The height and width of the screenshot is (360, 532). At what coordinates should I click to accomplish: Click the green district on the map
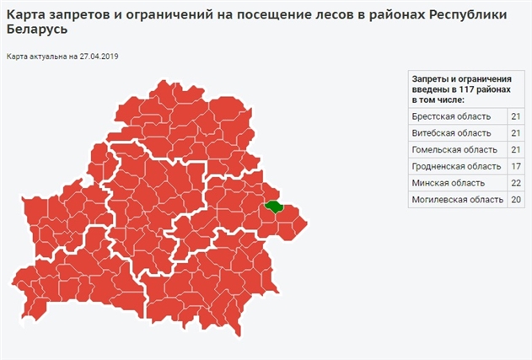tap(273, 205)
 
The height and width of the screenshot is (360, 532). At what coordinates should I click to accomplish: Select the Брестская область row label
tap(451, 116)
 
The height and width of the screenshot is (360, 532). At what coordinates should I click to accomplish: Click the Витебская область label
tap(451, 132)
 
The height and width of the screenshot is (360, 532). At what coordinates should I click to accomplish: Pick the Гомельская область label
tap(453, 149)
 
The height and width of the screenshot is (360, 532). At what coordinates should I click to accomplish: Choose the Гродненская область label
tap(456, 166)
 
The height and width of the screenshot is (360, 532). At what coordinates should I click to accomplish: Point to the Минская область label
tap(448, 183)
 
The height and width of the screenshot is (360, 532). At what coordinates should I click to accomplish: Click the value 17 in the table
tap(516, 166)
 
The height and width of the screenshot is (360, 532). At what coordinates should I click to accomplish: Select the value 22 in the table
tap(516, 183)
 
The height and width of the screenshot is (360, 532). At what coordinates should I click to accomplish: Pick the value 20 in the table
tap(516, 200)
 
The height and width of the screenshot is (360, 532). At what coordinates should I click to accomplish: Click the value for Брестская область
tap(516, 116)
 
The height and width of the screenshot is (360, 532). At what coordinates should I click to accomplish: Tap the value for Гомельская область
tap(516, 149)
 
